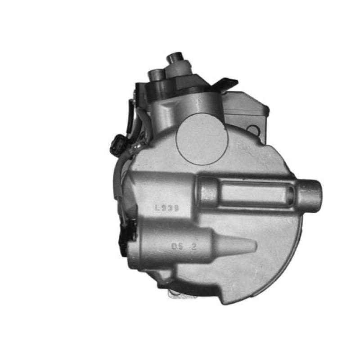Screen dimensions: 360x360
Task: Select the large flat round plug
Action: coord(202,139)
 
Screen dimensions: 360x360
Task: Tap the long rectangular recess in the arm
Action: coord(254,193)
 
